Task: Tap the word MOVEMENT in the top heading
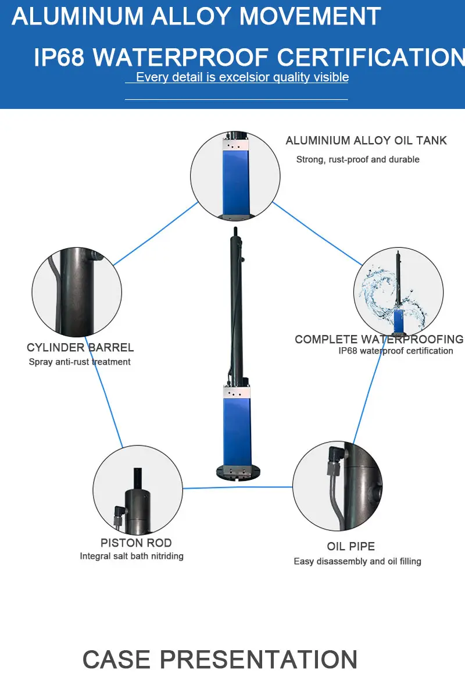click(310, 16)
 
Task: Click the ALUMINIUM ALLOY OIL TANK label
click(366, 141)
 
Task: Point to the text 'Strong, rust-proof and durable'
click(357, 159)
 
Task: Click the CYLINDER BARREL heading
click(80, 348)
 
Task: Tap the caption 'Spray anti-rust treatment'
click(80, 362)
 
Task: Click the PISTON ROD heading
click(136, 543)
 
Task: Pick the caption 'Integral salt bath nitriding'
click(131, 556)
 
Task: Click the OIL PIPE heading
click(350, 546)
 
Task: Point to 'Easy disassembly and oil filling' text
click(357, 561)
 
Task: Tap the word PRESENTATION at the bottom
click(259, 660)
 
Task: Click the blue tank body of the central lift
click(235, 427)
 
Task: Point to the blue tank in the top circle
click(235, 180)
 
